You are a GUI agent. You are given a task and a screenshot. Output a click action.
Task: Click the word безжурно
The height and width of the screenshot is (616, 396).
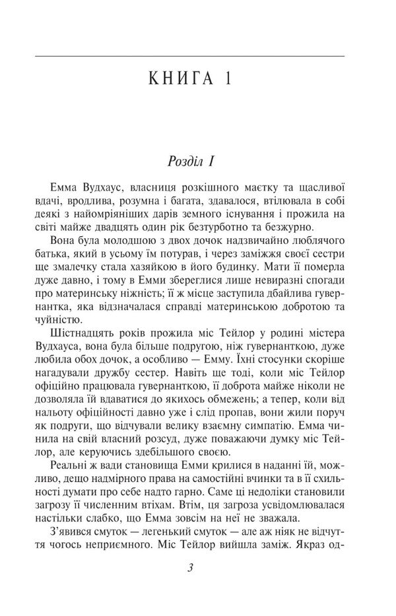pos(319,219)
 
